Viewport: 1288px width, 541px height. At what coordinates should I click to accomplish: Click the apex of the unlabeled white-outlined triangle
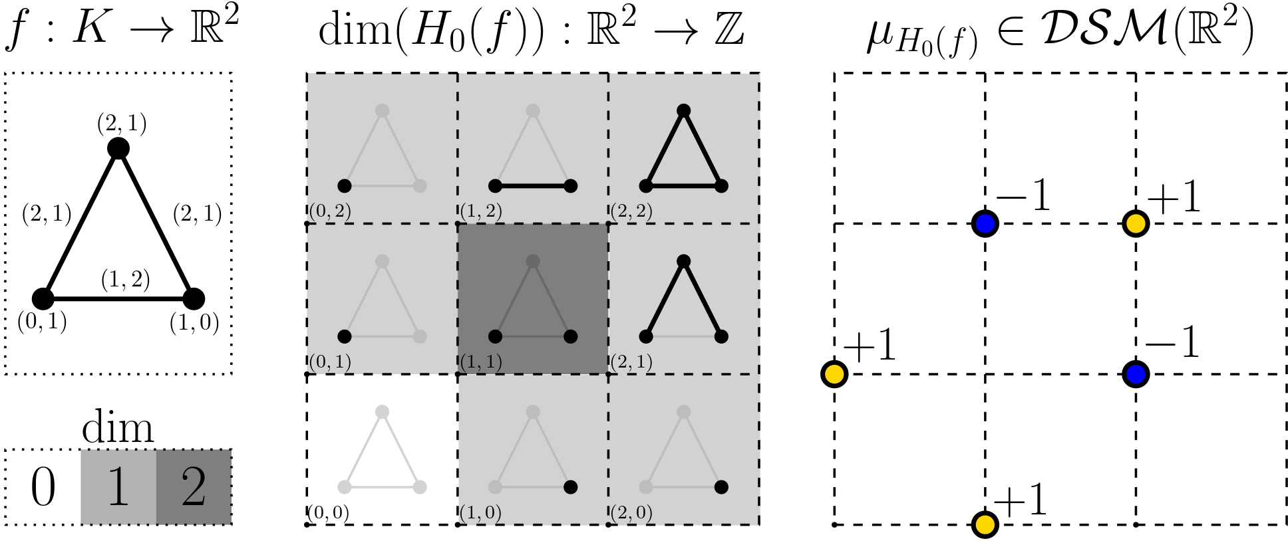pyautogui.click(x=382, y=412)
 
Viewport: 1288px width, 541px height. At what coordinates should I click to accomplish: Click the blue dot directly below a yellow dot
pyautogui.click(x=1136, y=374)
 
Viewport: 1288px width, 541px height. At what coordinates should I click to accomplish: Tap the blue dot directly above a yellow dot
pyautogui.click(x=985, y=224)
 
